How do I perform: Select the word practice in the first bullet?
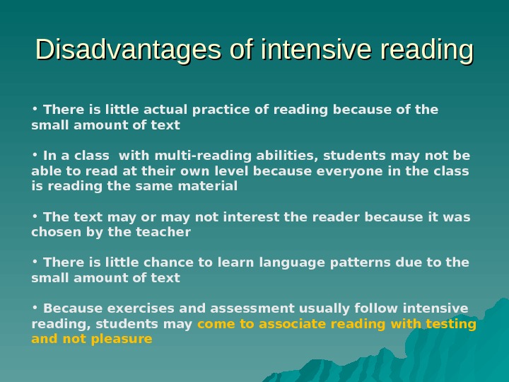click(209, 110)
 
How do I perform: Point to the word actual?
click(165, 110)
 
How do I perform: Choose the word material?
click(211, 187)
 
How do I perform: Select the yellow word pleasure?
click(125, 339)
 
